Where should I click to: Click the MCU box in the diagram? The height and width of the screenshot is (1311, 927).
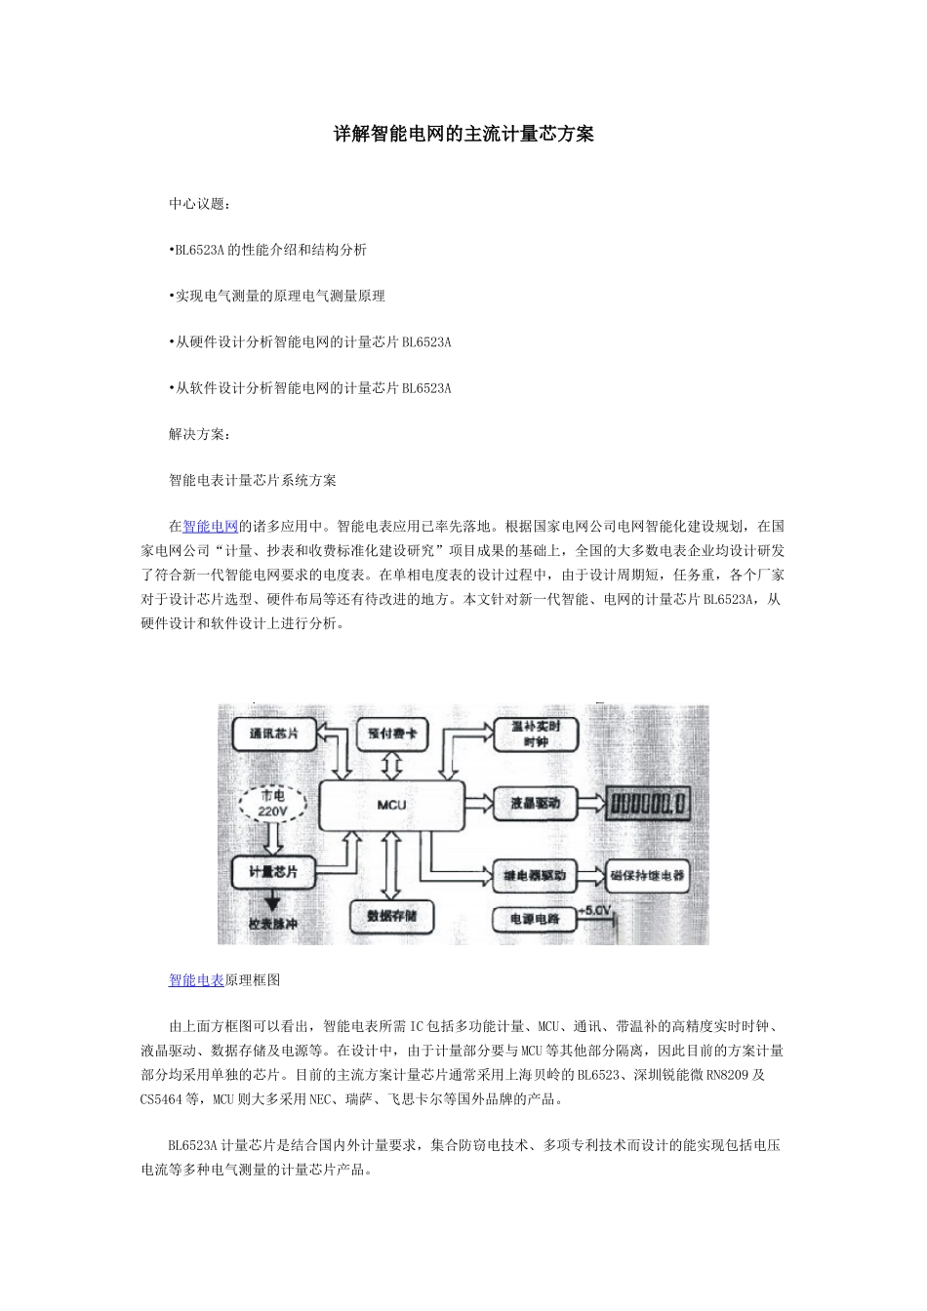(x=390, y=805)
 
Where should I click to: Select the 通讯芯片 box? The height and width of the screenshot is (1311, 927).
(x=274, y=734)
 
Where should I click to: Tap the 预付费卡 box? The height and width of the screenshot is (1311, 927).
(x=392, y=734)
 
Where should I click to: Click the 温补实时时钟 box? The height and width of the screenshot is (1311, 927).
(x=536, y=735)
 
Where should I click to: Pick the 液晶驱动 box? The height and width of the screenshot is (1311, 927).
(x=536, y=804)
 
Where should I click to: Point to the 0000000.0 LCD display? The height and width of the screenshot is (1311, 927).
(x=648, y=804)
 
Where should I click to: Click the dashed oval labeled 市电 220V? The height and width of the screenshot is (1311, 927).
(x=273, y=804)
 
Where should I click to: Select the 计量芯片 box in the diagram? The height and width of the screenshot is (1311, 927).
(x=274, y=871)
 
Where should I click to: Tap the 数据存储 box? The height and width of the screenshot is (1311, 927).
(x=391, y=916)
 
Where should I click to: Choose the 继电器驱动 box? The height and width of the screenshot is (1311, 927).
(x=535, y=875)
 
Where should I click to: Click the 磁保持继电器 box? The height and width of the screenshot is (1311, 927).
(x=648, y=875)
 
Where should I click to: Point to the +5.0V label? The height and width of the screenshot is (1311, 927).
(x=594, y=911)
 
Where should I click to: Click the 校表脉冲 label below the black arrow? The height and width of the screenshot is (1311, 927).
(x=273, y=924)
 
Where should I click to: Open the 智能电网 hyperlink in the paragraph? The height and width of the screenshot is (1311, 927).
(x=211, y=527)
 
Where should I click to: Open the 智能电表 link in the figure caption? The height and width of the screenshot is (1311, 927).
(x=196, y=980)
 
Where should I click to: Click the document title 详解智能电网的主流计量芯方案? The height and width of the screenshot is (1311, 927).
(x=463, y=135)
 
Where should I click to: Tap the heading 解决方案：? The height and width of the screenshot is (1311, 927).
(x=200, y=434)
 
